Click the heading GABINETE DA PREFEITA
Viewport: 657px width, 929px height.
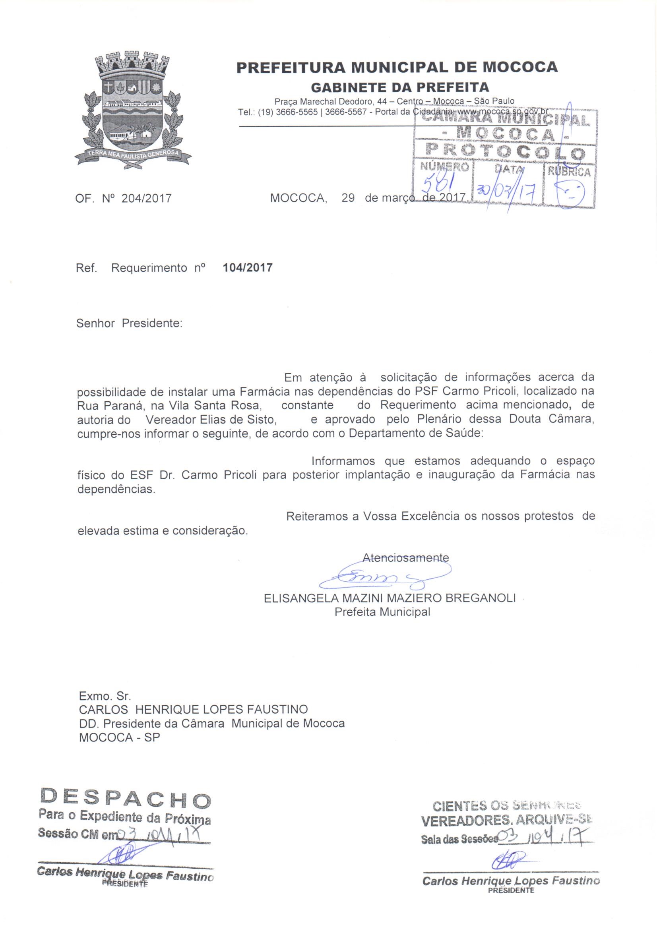pyautogui.click(x=399, y=87)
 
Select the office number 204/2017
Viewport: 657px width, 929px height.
pyautogui.click(x=146, y=198)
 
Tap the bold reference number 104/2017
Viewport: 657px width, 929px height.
pyautogui.click(x=248, y=267)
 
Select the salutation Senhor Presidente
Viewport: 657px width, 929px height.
pyautogui.click(x=129, y=324)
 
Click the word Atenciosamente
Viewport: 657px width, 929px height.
pyautogui.click(x=406, y=557)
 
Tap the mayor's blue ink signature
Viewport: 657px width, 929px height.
pyautogui.click(x=385, y=577)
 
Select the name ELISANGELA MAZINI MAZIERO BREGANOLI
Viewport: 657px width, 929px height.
pyautogui.click(x=390, y=598)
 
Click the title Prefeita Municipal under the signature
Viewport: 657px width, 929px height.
pyautogui.click(x=382, y=612)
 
